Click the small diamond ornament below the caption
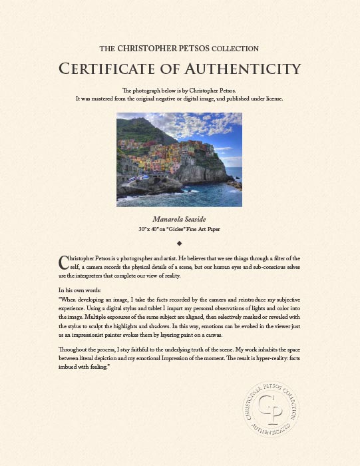point(180,244)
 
